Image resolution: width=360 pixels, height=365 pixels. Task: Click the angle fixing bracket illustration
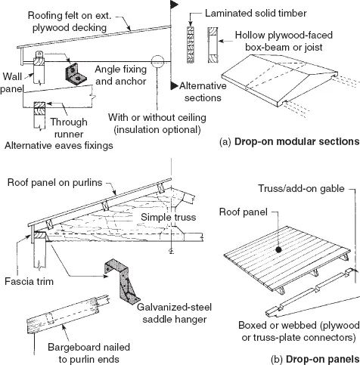click(x=76, y=74)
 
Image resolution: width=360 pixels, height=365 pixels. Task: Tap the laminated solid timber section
click(x=191, y=45)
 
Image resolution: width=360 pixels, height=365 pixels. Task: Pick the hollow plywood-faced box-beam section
click(x=213, y=45)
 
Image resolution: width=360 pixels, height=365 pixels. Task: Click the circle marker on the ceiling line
click(x=157, y=61)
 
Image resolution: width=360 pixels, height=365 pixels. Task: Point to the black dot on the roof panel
click(x=278, y=249)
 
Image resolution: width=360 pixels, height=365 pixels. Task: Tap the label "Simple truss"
click(x=168, y=217)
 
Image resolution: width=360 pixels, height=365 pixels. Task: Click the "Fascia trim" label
click(x=29, y=281)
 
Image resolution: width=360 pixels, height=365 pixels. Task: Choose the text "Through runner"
click(x=69, y=128)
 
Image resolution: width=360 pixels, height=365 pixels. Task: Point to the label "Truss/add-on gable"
click(x=301, y=188)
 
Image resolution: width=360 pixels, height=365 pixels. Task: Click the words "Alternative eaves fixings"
click(x=59, y=146)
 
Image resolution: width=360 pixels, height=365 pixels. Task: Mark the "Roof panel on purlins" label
click(x=54, y=182)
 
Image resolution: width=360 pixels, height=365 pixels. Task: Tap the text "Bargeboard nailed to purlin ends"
click(x=88, y=353)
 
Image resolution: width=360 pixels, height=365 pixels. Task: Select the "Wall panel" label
click(x=11, y=82)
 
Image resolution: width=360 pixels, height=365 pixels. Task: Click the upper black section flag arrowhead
click(x=174, y=4)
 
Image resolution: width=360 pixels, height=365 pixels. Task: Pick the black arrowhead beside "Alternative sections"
click(x=174, y=85)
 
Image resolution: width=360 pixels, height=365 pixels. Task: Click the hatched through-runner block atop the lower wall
click(x=39, y=108)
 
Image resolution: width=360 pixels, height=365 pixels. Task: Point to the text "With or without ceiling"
click(x=157, y=117)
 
